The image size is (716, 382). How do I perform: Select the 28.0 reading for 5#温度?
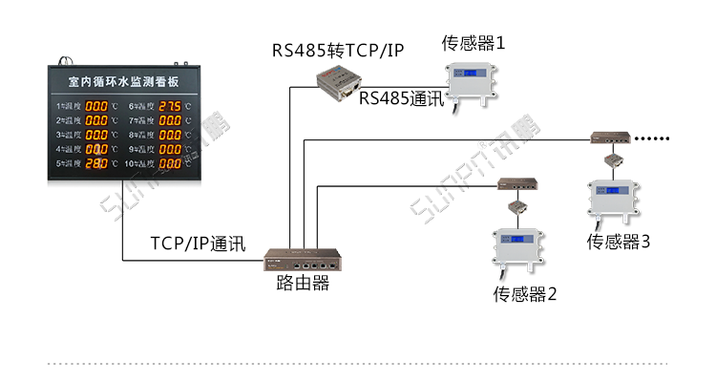[x=97, y=163]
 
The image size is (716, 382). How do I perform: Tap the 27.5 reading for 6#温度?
[x=170, y=105]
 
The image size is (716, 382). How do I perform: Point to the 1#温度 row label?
[x=69, y=106]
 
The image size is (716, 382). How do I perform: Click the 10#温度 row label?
[x=139, y=163]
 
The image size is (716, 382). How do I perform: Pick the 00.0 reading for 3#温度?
[x=97, y=135]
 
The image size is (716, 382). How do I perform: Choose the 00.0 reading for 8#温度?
[x=170, y=135]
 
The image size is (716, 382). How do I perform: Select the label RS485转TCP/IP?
[x=337, y=50]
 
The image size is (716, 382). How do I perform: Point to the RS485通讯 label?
[x=401, y=99]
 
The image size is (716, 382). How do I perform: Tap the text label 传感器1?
[x=473, y=43]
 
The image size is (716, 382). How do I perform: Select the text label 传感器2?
[x=524, y=293]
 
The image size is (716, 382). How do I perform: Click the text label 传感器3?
[x=618, y=242]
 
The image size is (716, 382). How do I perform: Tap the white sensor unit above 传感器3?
[x=615, y=199]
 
